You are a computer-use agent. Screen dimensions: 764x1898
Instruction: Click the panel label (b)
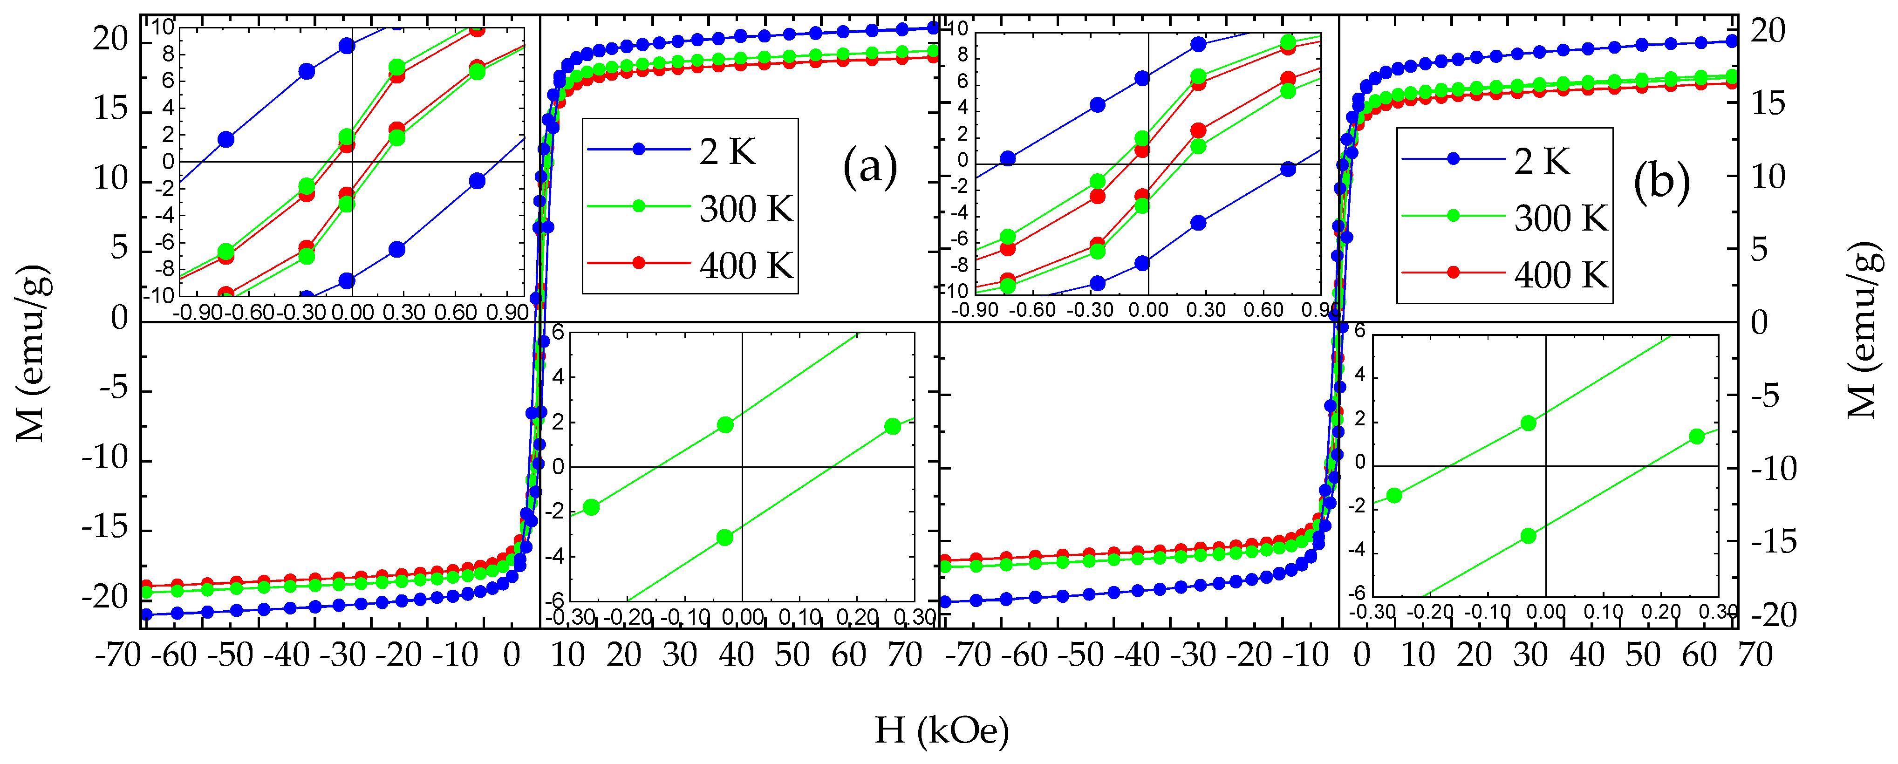click(x=1661, y=182)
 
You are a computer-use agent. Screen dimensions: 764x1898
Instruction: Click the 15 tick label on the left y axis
click(x=110, y=109)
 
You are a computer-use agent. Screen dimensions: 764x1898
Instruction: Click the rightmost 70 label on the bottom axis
click(x=1755, y=654)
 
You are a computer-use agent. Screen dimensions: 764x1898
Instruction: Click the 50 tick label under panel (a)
click(x=792, y=654)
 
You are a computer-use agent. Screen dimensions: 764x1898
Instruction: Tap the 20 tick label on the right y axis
click(x=1768, y=31)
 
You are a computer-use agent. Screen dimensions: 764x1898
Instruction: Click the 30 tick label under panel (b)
click(x=1530, y=654)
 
